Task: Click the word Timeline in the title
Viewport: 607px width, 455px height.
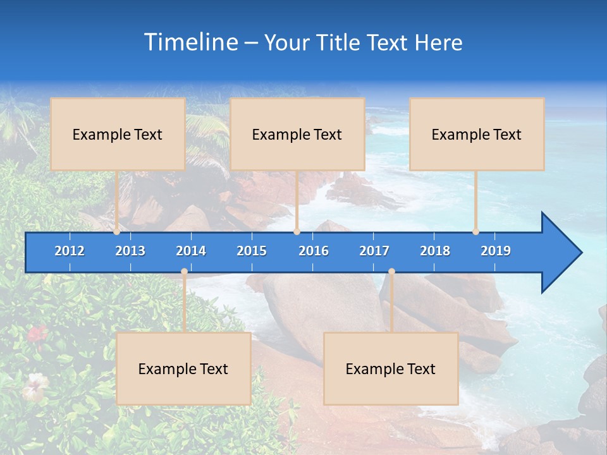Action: (190, 42)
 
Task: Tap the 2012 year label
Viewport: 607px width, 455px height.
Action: (70, 251)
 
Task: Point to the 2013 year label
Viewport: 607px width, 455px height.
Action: (130, 251)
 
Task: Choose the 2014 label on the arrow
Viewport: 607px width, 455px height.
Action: (191, 251)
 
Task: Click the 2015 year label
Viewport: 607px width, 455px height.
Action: (252, 251)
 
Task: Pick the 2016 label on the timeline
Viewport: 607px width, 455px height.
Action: (314, 251)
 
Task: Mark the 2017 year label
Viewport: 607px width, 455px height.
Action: (374, 251)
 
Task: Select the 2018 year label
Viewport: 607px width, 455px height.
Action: (435, 251)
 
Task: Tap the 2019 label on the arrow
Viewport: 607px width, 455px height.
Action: (496, 251)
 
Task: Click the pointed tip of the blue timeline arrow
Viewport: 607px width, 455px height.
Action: (580, 253)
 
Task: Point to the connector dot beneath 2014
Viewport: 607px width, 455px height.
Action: (184, 272)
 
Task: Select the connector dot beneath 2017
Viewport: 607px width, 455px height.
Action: (391, 272)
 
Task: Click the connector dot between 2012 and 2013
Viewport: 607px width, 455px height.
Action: (117, 232)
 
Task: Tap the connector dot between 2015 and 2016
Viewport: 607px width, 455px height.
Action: (297, 232)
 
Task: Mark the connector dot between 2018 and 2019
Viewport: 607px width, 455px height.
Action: (475, 232)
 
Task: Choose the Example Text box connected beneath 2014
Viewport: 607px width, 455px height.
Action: (183, 369)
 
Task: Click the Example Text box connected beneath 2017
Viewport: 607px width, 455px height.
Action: (391, 369)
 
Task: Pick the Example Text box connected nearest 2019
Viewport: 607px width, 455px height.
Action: (477, 134)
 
